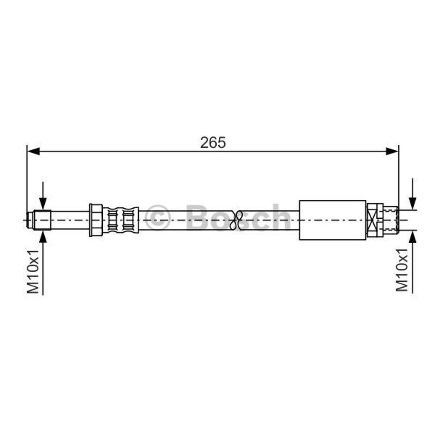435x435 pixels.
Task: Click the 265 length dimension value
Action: click(213, 143)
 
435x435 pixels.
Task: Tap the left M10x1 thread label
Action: click(33, 271)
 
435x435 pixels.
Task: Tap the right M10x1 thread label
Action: click(402, 269)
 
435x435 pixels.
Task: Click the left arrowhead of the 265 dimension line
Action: click(33, 151)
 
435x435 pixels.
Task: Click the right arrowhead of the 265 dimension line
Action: click(392, 151)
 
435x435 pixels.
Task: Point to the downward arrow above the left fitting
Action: click(43, 196)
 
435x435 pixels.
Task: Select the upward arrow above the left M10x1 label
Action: click(43, 263)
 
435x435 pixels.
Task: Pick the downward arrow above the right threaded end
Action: click(413, 194)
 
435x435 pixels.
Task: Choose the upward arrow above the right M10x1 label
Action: click(413, 262)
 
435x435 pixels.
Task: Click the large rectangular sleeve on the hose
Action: click(333, 220)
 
